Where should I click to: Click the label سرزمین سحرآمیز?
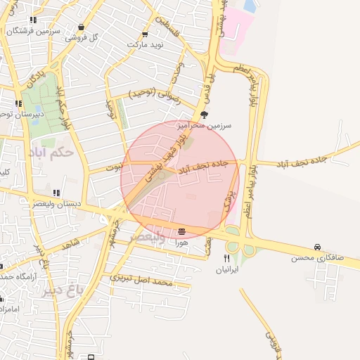tap(204, 124)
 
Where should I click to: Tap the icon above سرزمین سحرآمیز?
tap(204, 114)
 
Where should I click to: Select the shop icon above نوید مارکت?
tap(145, 34)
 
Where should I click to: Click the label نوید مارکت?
tap(145, 44)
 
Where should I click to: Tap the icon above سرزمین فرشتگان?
tap(32, 20)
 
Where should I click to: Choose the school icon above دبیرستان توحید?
tap(18, 104)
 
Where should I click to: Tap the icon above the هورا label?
tap(182, 231)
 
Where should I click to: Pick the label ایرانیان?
tap(226, 269)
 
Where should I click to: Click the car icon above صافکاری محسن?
tap(318, 247)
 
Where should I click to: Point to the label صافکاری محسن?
tap(318, 258)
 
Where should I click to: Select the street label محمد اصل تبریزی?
tap(141, 280)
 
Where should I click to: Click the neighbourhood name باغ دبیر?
tap(65, 290)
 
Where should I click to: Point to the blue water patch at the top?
tap(249, 6)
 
